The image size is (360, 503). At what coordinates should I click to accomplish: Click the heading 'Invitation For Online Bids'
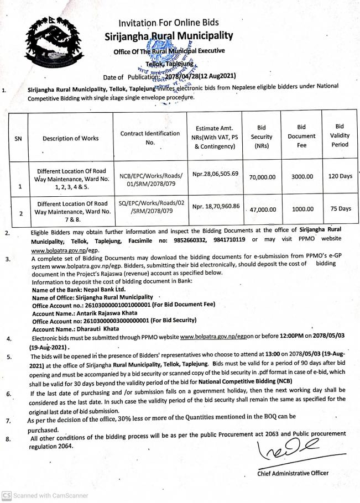pos(169,23)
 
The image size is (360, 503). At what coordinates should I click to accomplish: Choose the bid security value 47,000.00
pos(263,210)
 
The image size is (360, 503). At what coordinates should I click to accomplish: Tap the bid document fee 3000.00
pos(302,177)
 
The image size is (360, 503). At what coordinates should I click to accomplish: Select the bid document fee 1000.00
pos(302,209)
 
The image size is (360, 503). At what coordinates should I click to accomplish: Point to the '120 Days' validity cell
pos(340,176)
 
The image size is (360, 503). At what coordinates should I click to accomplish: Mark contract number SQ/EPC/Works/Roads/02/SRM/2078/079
pos(150,207)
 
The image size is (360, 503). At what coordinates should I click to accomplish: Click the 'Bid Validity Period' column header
pos(340,135)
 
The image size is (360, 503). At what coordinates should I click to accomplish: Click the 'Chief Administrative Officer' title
pos(293,473)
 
